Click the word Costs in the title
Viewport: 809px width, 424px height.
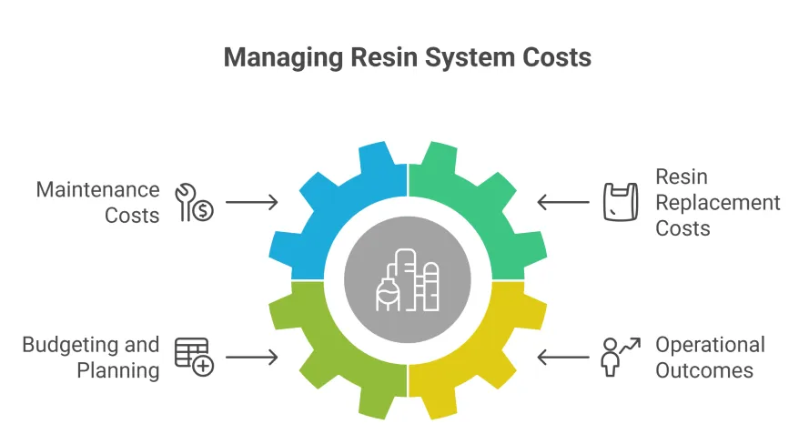pyautogui.click(x=557, y=57)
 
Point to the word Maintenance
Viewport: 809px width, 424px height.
pyautogui.click(x=97, y=190)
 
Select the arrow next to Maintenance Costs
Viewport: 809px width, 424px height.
pyautogui.click(x=251, y=202)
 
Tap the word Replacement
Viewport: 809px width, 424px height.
pyautogui.click(x=718, y=202)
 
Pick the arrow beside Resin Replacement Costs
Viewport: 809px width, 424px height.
pyautogui.click(x=563, y=202)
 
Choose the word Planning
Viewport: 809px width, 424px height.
pyautogui.click(x=118, y=370)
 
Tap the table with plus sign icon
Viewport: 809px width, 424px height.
pyautogui.click(x=193, y=357)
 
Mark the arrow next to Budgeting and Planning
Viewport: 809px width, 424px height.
pyautogui.click(x=251, y=358)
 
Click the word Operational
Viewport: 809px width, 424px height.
pyautogui.click(x=710, y=346)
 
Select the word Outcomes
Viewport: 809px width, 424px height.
pyautogui.click(x=704, y=370)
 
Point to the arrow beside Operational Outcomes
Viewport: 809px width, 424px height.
pyautogui.click(x=563, y=358)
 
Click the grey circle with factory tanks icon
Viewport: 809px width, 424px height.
pyautogui.click(x=408, y=280)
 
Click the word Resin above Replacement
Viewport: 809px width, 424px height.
pyautogui.click(x=682, y=177)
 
